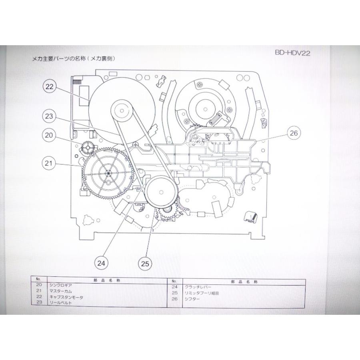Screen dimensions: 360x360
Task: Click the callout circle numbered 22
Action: coord(49,86)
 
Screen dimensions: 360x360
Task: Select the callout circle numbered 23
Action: coord(49,116)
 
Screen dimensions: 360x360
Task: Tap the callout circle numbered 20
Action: coord(49,135)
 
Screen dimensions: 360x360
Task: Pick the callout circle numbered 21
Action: coord(49,163)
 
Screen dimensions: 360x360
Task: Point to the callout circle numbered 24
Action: coord(101,263)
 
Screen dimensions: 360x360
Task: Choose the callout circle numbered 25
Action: coord(145,264)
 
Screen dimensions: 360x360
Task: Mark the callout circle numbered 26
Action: coord(294,133)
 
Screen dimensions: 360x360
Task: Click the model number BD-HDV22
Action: coord(292,53)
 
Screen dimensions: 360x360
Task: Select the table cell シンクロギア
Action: coord(61,285)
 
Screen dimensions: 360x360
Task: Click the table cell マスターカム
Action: coord(61,291)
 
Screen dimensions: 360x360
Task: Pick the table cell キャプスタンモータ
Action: coord(66,297)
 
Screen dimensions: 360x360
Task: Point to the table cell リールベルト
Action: coord(61,303)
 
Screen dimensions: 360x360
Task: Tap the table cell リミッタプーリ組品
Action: coord(202,293)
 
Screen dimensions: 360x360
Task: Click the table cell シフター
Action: coord(192,299)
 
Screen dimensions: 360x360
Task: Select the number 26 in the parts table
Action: coord(175,299)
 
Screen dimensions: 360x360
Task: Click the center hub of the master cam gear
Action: coord(108,173)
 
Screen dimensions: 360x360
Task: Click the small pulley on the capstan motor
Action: coord(122,111)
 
